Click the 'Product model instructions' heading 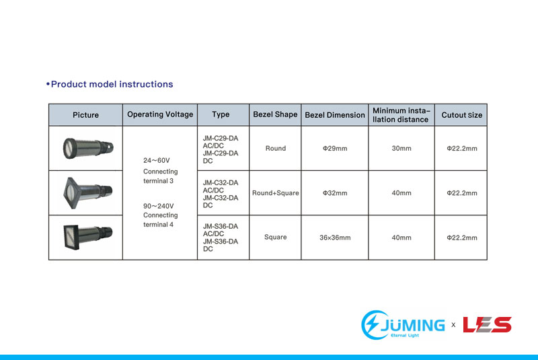110,84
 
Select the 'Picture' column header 86,115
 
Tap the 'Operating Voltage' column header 160,114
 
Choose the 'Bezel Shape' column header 275,114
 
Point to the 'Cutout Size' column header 462,115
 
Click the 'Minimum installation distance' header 401,115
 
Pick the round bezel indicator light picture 88,148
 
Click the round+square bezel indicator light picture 88,192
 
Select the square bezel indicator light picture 88,236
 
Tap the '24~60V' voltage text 157,161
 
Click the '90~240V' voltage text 159,206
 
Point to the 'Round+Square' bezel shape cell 276,193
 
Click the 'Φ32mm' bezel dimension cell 335,193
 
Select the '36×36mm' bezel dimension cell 335,238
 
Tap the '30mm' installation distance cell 401,148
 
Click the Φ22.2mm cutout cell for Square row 462,238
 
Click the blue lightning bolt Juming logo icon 375,324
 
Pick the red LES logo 487,324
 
